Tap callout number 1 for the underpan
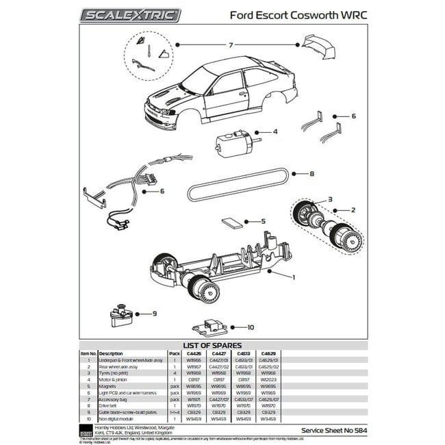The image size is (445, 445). [292, 277]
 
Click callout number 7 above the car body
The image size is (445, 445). [231, 44]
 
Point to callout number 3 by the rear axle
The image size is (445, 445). [329, 199]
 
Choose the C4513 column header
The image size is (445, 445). [246, 353]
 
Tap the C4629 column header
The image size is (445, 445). [270, 353]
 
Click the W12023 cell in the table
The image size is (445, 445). [270, 379]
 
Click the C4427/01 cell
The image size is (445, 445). [220, 359]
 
